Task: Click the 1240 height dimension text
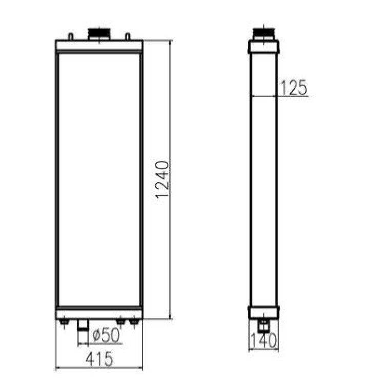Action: pos(163,180)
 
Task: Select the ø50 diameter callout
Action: pos(106,335)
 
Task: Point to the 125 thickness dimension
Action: pos(293,88)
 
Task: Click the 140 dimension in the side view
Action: pos(264,340)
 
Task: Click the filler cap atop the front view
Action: pos(99,34)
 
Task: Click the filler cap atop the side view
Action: pos(264,34)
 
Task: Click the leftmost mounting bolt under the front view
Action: pos(64,322)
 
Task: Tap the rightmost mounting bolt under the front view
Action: pos(134,322)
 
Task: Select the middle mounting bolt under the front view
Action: pos(120,322)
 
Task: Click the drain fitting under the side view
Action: pos(264,325)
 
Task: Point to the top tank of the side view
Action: pos(264,47)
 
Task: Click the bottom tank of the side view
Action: pos(264,312)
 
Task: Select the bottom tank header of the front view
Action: pos(99,312)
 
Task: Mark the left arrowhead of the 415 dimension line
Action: pos(58,368)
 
